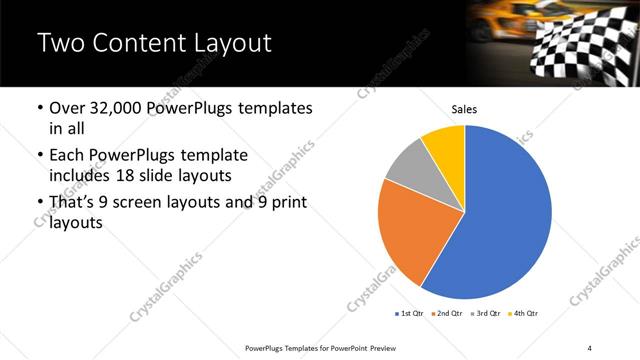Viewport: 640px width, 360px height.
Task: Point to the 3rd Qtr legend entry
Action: pos(483,314)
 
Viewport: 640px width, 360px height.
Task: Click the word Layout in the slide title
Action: pos(223,43)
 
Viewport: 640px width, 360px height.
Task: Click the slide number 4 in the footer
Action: pos(589,347)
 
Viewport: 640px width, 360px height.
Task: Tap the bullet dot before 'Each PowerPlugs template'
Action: pos(39,156)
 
